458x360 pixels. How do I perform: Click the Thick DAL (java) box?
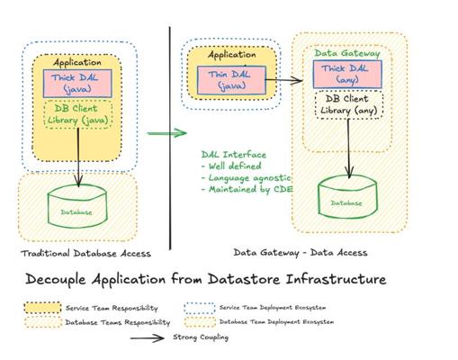coord(77,84)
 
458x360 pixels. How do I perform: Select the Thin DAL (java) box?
coord(231,80)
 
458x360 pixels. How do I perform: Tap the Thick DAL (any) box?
coord(347,74)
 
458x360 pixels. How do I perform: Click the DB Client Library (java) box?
coord(78,114)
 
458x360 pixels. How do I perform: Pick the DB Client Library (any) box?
coord(349,105)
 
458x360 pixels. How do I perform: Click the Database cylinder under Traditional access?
coord(77,206)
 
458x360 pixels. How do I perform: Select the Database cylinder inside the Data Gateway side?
coord(347,196)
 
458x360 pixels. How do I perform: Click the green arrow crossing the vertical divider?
coord(166,133)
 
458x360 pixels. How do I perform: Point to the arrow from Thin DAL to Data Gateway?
coord(284,80)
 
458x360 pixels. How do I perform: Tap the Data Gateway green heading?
coord(347,53)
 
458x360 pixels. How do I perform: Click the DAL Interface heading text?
coord(234,155)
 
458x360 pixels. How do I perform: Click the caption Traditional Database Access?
coord(85,254)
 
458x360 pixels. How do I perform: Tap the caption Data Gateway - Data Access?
coord(301,253)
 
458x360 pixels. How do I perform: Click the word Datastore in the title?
coord(244,279)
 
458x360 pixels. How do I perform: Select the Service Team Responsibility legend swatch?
coord(43,308)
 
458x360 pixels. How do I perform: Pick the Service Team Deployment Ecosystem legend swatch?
coord(200,308)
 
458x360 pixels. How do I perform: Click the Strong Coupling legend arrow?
coord(148,338)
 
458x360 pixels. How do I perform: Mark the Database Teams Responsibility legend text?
coord(118,322)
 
